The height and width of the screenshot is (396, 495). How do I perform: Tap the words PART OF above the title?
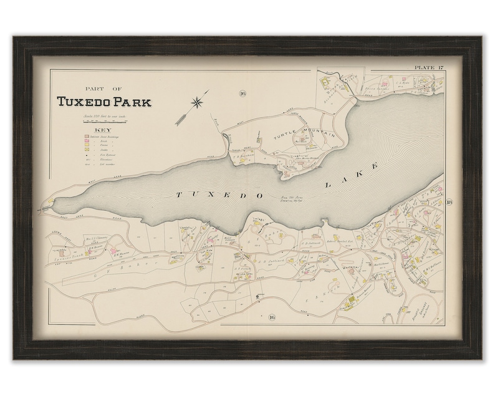point(102,89)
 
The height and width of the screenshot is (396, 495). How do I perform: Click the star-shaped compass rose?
point(198,101)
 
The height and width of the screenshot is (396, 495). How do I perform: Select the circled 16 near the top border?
point(242,94)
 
